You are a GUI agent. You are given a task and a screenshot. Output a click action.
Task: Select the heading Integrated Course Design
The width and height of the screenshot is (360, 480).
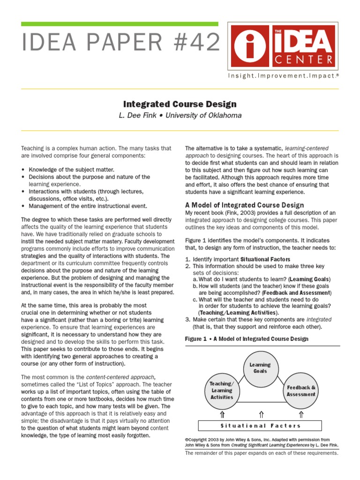180,104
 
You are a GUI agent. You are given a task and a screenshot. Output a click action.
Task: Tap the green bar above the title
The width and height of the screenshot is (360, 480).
120,23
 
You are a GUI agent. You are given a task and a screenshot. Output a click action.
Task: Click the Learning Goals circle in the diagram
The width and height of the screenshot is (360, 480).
260,368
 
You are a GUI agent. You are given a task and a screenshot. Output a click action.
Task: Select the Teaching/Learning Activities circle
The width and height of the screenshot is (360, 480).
222,390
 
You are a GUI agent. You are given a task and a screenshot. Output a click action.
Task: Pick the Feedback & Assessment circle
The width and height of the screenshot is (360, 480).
301,390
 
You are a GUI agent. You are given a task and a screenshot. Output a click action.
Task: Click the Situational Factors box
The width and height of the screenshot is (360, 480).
260,426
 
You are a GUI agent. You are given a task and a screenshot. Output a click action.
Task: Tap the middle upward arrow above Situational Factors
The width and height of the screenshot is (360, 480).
261,414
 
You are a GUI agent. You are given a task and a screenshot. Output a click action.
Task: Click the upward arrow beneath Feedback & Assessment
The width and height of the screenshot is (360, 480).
301,414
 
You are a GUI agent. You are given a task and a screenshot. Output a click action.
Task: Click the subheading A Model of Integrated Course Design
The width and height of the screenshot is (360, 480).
244,205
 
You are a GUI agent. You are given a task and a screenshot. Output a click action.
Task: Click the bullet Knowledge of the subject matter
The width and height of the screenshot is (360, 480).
71,169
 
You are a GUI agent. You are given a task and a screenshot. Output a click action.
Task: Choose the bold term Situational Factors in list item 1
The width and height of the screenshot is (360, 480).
265,259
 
